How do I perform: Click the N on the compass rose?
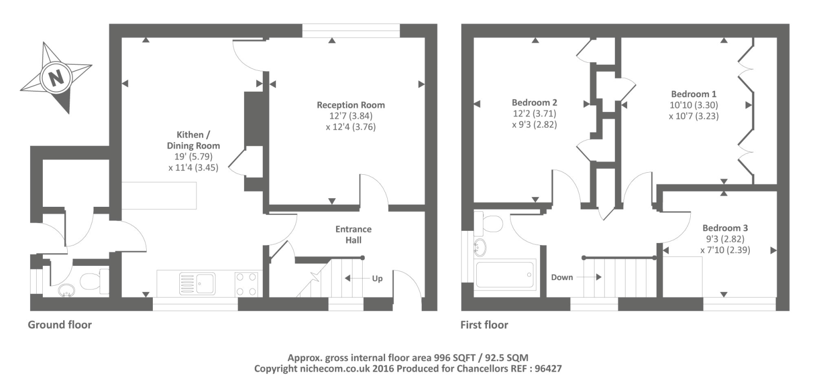56,78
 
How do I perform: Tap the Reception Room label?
351,105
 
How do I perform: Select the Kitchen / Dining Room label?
193,140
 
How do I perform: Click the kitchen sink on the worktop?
197,284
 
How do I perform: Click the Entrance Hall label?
354,235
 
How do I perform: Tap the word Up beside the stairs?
377,279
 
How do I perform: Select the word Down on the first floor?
562,277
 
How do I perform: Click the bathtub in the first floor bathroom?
505,275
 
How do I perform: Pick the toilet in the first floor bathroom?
488,223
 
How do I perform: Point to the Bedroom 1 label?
693,94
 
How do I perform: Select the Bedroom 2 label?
534,102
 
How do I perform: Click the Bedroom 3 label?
725,228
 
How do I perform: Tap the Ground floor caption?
60,325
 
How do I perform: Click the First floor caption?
484,325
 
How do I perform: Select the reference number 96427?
548,368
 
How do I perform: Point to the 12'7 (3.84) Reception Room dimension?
351,116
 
